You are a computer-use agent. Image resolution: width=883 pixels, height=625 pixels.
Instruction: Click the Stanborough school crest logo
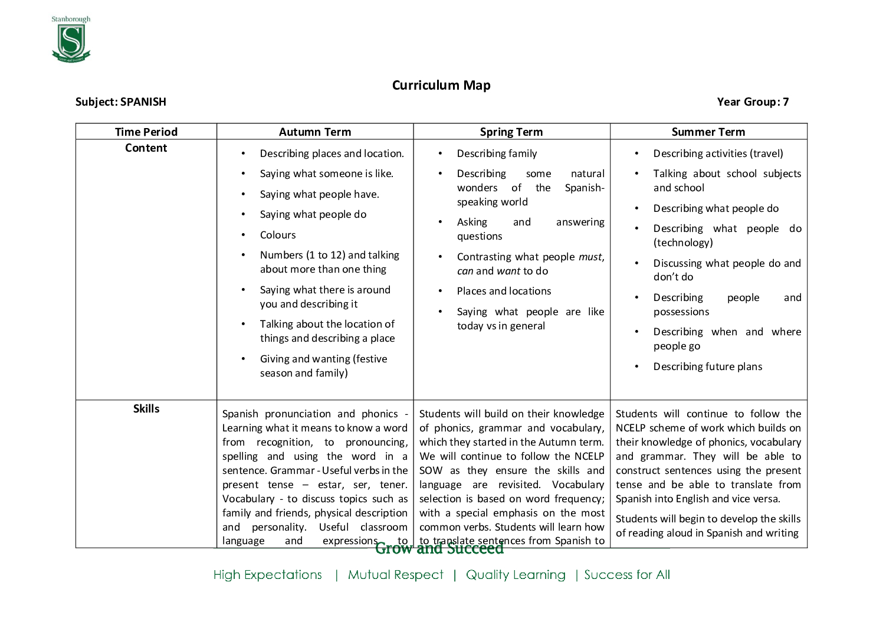pyautogui.click(x=71, y=40)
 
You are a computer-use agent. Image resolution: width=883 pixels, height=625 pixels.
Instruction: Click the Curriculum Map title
pyautogui.click(x=441, y=86)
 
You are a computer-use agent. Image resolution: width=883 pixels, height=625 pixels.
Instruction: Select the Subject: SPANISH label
pyautogui.click(x=121, y=102)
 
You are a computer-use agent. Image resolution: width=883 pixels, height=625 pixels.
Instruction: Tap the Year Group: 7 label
pyautogui.click(x=753, y=102)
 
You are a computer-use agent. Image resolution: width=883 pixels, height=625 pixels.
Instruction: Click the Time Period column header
pyautogui.click(x=146, y=132)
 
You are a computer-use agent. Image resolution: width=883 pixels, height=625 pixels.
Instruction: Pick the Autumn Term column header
pyautogui.click(x=315, y=132)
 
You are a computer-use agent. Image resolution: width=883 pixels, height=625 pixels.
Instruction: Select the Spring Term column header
pyautogui.click(x=511, y=132)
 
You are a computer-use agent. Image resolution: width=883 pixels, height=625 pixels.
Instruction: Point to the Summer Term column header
pyautogui.click(x=708, y=132)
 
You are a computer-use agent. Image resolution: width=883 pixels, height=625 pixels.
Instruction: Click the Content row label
pyautogui.click(x=146, y=148)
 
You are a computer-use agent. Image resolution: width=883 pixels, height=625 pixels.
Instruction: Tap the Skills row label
pyautogui.click(x=146, y=409)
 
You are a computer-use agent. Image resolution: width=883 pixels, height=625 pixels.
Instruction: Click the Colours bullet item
pyautogui.click(x=278, y=235)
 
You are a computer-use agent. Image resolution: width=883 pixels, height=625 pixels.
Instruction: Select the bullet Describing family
pyautogui.click(x=497, y=154)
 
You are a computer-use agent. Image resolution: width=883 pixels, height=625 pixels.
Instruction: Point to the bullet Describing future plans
pyautogui.click(x=708, y=367)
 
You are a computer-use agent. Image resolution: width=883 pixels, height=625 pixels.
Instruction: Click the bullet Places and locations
pyautogui.click(x=504, y=292)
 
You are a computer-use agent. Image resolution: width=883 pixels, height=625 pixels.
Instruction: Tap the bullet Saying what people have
pyautogui.click(x=319, y=195)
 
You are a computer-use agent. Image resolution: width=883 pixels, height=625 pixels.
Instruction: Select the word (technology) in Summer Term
pyautogui.click(x=683, y=243)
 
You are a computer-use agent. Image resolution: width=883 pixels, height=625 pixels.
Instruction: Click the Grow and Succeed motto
pyautogui.click(x=439, y=549)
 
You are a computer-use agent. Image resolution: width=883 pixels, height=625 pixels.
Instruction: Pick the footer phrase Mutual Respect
pyautogui.click(x=395, y=575)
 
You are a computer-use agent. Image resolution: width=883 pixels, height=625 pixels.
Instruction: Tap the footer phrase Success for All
pyautogui.click(x=627, y=575)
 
